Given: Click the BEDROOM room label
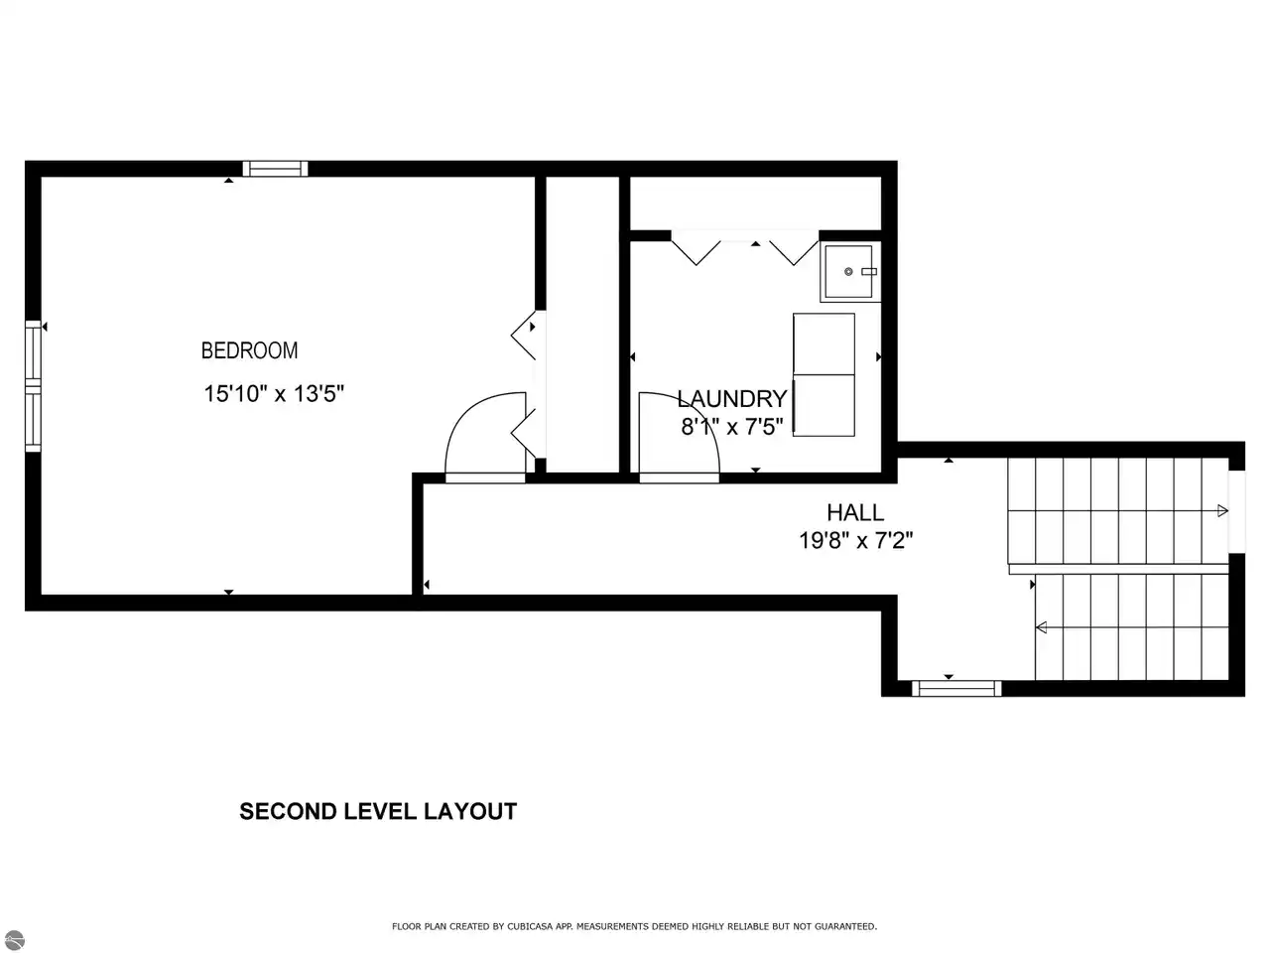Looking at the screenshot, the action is (249, 350).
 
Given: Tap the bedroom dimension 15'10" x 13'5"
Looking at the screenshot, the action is (274, 394).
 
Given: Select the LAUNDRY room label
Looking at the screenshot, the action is (732, 399).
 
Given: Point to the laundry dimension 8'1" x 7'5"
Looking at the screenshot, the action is (732, 427).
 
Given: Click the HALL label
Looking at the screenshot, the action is (855, 512).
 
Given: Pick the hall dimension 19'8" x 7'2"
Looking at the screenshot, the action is (855, 541).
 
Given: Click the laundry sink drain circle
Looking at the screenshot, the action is (848, 271).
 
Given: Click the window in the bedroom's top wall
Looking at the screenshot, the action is (275, 169).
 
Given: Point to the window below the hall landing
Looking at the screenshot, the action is (956, 689).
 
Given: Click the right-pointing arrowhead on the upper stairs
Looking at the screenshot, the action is (1222, 511).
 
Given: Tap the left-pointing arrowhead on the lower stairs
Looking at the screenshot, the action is (1041, 627).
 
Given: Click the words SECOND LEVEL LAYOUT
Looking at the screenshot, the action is (378, 811).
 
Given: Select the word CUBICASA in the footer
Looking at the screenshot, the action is (530, 926).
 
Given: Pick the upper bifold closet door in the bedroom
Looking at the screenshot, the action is (524, 335).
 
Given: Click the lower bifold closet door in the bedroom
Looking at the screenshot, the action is (524, 433).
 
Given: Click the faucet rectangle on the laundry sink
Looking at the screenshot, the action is (869, 271).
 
